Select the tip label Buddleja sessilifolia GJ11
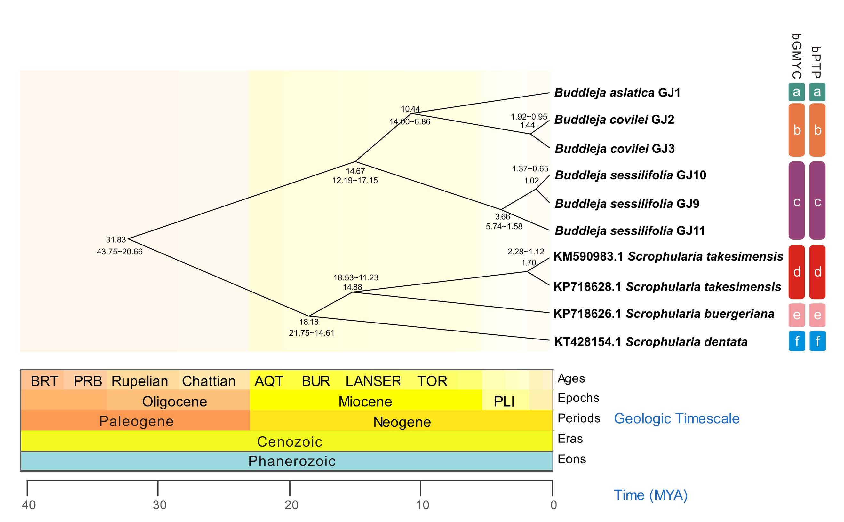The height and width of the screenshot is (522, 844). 629,230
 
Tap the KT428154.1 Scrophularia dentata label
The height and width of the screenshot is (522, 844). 650,342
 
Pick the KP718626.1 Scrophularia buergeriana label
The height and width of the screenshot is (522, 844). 663,314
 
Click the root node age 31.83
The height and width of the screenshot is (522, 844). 116,240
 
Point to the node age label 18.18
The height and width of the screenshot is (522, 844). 308,322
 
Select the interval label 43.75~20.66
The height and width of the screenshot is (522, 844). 120,252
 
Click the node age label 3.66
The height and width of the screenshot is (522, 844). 502,217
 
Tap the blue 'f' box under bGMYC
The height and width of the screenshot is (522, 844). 796,341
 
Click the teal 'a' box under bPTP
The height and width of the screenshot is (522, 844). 817,92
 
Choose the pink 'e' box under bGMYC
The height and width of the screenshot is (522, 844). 796,315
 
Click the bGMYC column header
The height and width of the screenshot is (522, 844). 796,56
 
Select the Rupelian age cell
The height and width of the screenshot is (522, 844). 140,381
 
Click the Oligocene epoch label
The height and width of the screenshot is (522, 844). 174,401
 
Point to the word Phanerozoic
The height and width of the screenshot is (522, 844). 292,461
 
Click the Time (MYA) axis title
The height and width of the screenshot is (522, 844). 650,495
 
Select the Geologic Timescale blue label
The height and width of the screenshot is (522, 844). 676,418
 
